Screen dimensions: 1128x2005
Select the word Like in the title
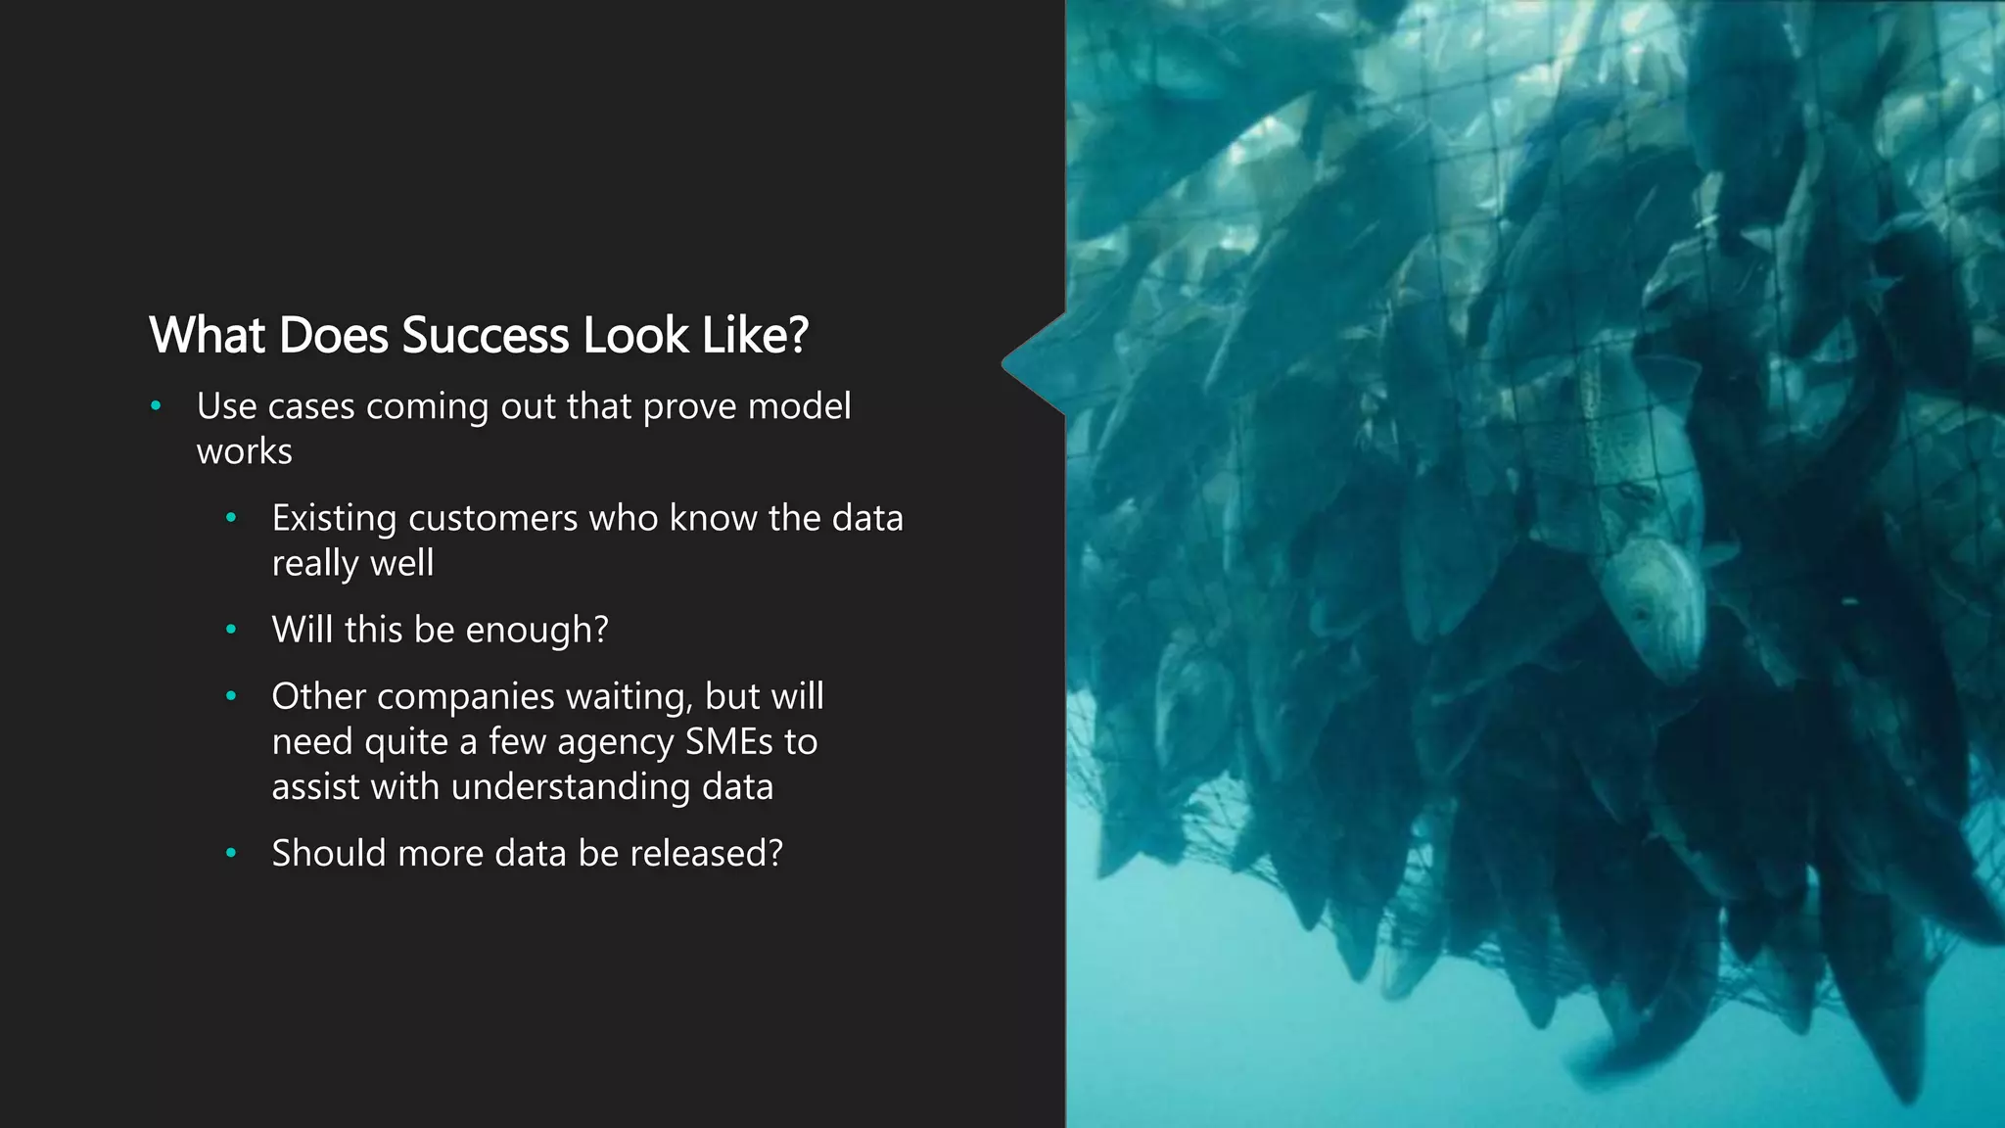tap(739, 336)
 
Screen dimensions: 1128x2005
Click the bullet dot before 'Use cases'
tap(156, 405)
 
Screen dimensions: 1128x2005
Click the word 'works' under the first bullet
tap(244, 452)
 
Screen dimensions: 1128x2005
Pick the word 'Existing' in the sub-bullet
tap(334, 519)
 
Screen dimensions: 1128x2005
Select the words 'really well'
tap(352, 564)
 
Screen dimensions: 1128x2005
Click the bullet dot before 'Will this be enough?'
tap(231, 630)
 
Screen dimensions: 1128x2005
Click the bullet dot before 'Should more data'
tap(231, 853)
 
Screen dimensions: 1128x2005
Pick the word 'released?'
tap(706, 854)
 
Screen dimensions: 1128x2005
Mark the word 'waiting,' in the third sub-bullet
tap(629, 697)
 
